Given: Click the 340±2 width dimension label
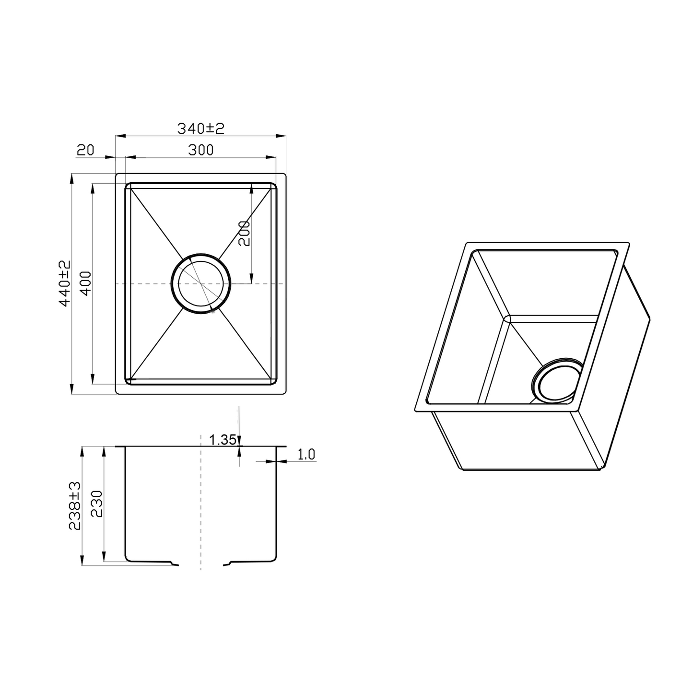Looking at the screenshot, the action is tap(200, 128).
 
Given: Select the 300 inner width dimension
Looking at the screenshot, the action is tap(200, 150).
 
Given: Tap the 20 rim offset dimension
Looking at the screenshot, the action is tap(85, 150).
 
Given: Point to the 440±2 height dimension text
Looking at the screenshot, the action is tap(65, 284).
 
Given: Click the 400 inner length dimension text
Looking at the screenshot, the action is tap(86, 283).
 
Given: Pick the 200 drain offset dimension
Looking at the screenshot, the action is tap(244, 233).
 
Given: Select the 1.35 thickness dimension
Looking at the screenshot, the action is tap(223, 439).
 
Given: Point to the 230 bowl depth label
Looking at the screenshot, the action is tap(97, 504).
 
